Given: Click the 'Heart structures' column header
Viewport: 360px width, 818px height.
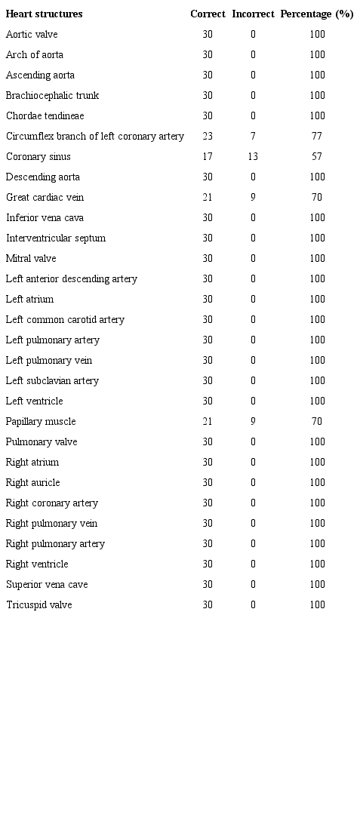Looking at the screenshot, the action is pos(44,14).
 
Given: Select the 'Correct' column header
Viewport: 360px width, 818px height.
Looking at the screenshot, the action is pos(208,14).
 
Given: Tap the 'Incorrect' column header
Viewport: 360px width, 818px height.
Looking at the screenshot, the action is pos(253,14).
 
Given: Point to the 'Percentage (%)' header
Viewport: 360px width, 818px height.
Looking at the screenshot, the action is pos(317,14).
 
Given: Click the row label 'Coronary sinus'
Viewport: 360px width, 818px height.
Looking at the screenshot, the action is pos(38,157).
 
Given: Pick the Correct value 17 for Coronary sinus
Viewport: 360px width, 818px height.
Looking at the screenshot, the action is pos(208,157).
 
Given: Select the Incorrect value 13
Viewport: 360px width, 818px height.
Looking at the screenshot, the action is pos(253,157).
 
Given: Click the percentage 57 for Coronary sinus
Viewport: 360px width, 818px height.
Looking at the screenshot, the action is pos(317,157).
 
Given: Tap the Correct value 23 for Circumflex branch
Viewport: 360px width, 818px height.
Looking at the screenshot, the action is pos(208,137).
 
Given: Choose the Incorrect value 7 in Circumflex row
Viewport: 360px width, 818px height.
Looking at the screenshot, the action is pos(253,137).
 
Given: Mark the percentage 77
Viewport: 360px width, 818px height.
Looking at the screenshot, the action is pos(317,137).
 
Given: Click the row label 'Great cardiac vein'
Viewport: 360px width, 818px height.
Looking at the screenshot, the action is pos(45,198).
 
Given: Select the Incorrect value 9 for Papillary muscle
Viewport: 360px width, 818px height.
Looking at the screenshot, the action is pos(253,422).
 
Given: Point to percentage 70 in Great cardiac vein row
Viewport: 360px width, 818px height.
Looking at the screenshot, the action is pos(317,198).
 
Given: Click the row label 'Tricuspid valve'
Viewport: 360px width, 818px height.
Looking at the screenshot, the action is pos(39,605).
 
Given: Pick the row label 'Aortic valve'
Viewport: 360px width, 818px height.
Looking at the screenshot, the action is pos(32,35).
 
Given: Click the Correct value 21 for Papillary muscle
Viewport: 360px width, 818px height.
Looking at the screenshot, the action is pos(208,422).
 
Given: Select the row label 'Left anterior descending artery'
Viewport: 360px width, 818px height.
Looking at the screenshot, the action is pos(72,279).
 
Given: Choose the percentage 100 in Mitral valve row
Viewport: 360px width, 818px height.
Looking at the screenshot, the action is pos(317,259).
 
